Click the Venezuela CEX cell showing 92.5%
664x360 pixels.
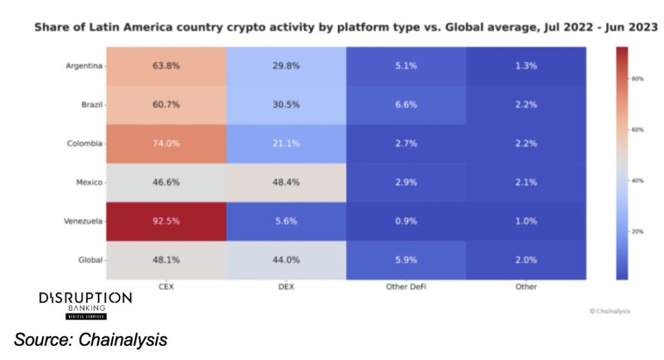[166, 221]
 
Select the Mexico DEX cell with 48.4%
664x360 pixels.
[286, 182]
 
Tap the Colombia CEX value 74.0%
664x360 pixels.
[166, 143]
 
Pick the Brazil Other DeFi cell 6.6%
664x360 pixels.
[406, 104]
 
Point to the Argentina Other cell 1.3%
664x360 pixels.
[526, 66]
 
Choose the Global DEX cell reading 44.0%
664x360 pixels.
[286, 260]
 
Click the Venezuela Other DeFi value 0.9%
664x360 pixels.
[406, 221]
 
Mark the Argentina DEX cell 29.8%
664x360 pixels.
[286, 66]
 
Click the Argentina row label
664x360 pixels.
[84, 66]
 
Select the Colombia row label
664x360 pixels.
[85, 143]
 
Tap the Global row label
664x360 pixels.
[90, 260]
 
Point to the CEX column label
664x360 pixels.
[166, 286]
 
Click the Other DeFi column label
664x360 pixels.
[406, 286]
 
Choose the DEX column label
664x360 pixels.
[286, 286]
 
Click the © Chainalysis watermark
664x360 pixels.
[610, 311]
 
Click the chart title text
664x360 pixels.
[346, 28]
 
